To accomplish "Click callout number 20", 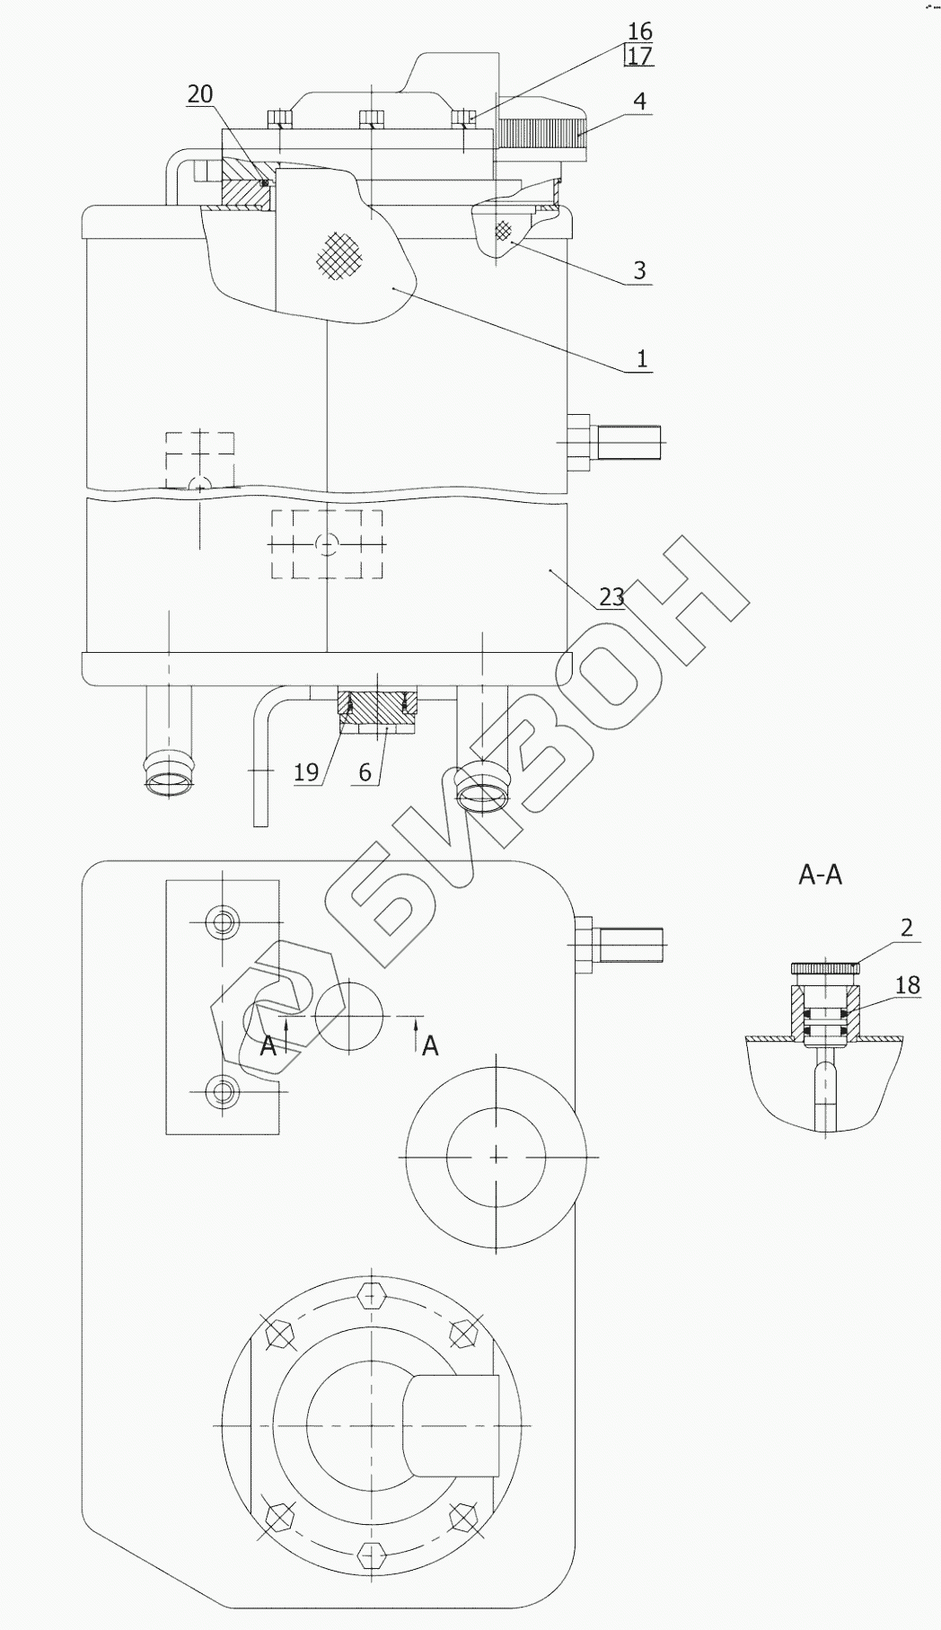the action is click(200, 94).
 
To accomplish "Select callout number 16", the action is click(640, 33).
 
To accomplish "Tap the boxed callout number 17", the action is click(640, 57).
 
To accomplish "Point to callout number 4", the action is click(639, 101).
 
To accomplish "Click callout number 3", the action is click(639, 270).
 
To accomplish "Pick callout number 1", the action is click(641, 359).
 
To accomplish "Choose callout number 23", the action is click(611, 597).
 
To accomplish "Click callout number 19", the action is click(306, 772).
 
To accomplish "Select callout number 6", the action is click(365, 772).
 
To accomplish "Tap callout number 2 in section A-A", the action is click(906, 928).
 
